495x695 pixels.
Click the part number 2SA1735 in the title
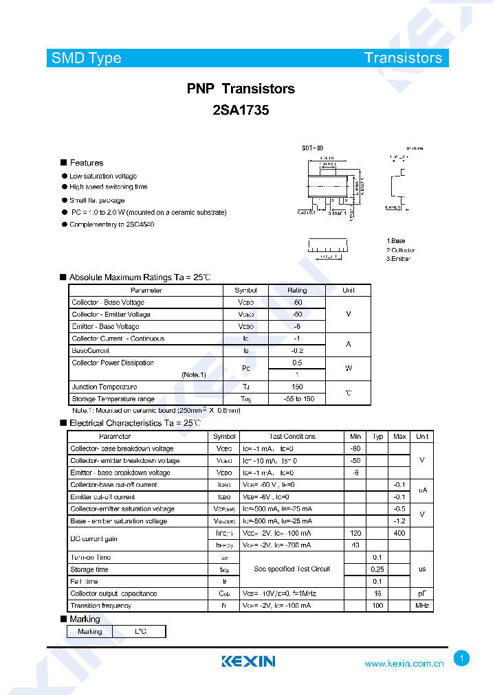pos(241,110)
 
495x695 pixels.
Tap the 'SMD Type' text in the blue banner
pos(86,58)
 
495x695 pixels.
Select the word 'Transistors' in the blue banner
pos(403,58)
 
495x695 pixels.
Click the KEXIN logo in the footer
pos(248,661)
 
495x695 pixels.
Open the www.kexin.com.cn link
pos(404,663)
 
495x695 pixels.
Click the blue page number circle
pos(462,659)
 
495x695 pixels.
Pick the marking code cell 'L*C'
pos(140,631)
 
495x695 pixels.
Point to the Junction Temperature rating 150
pos(297,387)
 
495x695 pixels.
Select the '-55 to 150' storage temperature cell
pos(297,399)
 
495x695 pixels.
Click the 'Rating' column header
pos(297,290)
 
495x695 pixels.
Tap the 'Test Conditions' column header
pos(292,436)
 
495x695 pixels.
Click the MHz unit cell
pos(421,606)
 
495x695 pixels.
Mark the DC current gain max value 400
pos(399,533)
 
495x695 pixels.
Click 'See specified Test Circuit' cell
pos(292,569)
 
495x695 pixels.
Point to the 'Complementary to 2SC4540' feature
pos(111,225)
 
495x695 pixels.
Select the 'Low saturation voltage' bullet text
pos(102,176)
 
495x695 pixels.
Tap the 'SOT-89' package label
pos(312,148)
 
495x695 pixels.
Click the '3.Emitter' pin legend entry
pos(399,258)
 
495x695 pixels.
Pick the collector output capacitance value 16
pos(377,593)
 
